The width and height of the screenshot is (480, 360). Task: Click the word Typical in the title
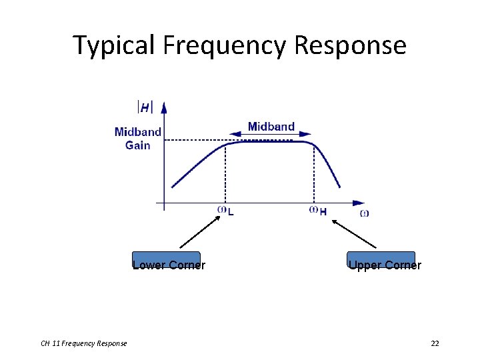pos(113,45)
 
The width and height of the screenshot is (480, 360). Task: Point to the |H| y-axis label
pos(145,107)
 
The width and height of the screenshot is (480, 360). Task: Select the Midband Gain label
pos(138,138)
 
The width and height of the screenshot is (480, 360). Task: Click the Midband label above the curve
pos(271,127)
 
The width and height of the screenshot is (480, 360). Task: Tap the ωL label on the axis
pos(225,211)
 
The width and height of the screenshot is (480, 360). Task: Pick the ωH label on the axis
pos(318,211)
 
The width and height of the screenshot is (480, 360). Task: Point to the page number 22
pos(435,343)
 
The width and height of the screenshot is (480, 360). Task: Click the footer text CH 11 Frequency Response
pos(84,343)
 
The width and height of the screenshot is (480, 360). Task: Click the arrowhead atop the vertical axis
pos(163,107)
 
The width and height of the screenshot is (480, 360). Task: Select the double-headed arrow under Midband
pos(270,135)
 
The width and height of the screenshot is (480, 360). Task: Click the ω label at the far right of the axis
pos(364,213)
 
